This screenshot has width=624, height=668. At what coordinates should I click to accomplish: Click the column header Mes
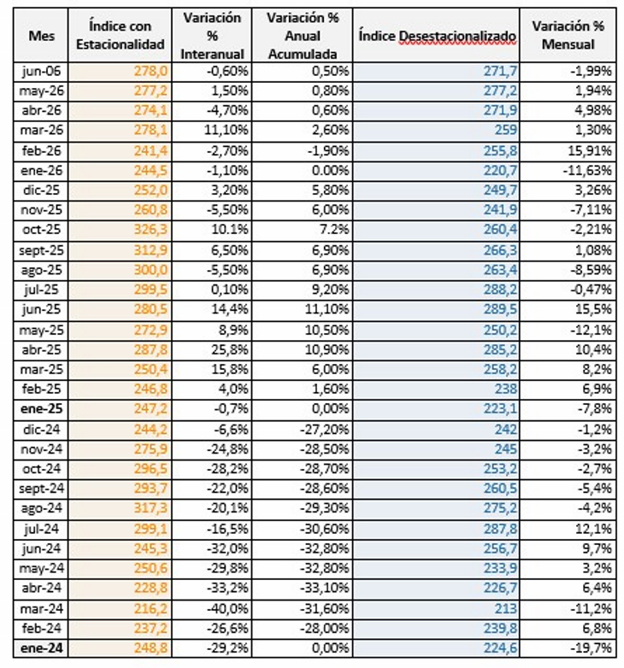[x=41, y=36]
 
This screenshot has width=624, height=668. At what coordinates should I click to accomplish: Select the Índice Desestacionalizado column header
[x=437, y=36]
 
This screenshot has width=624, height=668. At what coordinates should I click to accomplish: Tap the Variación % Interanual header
[x=212, y=36]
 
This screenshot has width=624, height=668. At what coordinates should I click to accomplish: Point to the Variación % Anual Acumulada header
[x=303, y=36]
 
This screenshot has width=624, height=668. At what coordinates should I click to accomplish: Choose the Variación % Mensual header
[x=568, y=35]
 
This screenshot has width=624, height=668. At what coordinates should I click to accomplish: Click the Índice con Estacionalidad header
[x=121, y=35]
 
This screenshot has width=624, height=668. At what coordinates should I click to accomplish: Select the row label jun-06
[x=41, y=71]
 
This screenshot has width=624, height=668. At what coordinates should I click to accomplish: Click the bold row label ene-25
[x=41, y=409]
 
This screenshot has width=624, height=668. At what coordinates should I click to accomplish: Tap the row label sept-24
[x=41, y=489]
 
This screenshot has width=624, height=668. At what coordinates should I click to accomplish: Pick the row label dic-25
[x=41, y=190]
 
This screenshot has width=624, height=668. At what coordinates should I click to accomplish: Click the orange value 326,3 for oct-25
[x=151, y=230]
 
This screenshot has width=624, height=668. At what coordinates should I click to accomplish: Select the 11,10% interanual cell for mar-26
[x=226, y=130]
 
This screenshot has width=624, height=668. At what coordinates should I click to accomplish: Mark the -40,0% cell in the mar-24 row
[x=227, y=608]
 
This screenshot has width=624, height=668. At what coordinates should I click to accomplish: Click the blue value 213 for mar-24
[x=505, y=608]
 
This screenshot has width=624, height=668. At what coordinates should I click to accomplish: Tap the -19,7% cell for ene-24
[x=592, y=648]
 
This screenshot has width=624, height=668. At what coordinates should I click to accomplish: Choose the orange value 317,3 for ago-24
[x=151, y=508]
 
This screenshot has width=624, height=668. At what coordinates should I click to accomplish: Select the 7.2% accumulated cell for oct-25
[x=334, y=230]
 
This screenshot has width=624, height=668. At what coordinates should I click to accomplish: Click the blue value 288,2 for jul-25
[x=500, y=290]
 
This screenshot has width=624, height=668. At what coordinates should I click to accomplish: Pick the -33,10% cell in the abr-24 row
[x=324, y=589]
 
